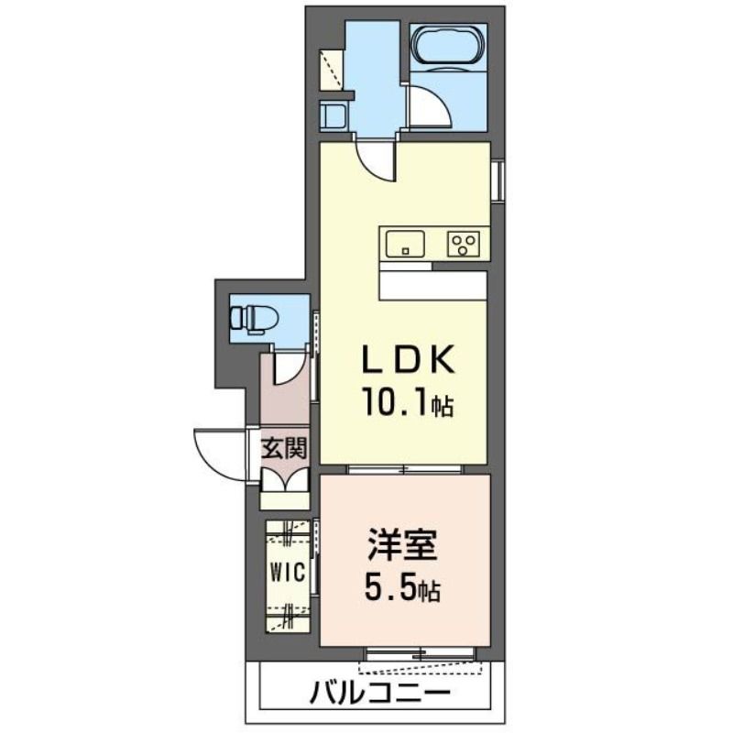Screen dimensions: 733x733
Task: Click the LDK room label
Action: tap(409, 359)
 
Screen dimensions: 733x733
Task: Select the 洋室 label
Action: tap(402, 544)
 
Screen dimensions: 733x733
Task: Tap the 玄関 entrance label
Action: tap(284, 449)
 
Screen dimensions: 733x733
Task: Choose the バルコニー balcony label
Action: tap(379, 693)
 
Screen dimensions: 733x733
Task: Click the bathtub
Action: tap(448, 44)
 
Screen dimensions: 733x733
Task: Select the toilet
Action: tap(253, 319)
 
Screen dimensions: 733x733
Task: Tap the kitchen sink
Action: tap(405, 244)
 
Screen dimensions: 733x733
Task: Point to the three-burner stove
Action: tap(464, 244)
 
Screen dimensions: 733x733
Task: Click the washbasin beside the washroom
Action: tap(334, 116)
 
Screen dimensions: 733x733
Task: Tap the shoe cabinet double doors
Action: tap(285, 480)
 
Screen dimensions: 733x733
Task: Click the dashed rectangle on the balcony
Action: tap(420, 667)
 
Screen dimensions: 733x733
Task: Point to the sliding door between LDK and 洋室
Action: tap(405, 469)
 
